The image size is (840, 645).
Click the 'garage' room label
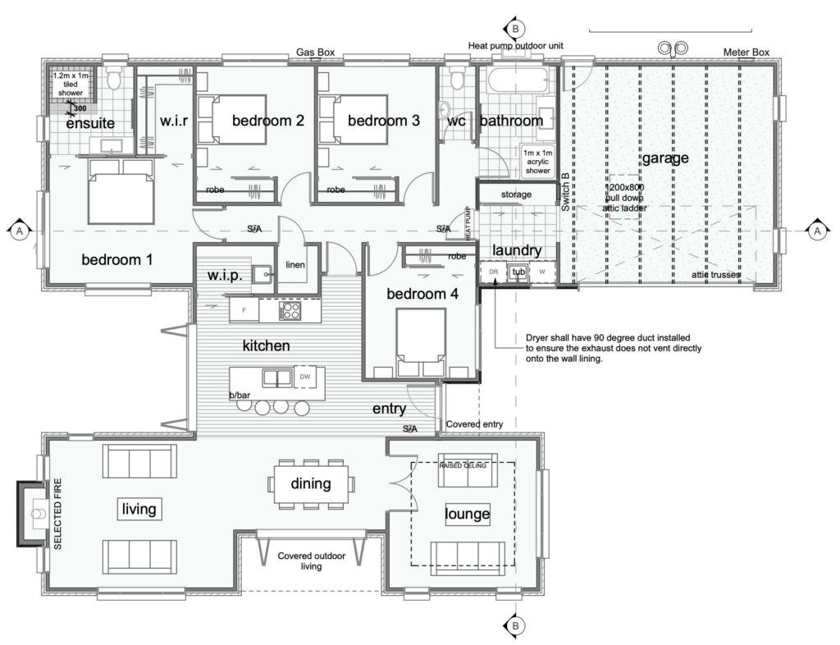pyautogui.click(x=664, y=158)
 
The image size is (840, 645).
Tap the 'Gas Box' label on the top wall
pyautogui.click(x=316, y=52)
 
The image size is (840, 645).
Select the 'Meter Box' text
pyautogui.click(x=746, y=53)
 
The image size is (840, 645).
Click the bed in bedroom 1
pyautogui.click(x=121, y=191)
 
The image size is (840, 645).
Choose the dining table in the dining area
pyautogui.click(x=311, y=484)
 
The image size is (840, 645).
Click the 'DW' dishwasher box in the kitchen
pyautogui.click(x=305, y=377)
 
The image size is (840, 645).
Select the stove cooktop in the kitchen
pyautogui.click(x=290, y=310)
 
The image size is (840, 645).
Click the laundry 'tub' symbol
pyautogui.click(x=518, y=272)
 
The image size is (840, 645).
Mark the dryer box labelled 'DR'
pyautogui.click(x=494, y=272)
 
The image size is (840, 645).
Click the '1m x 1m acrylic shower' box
pyautogui.click(x=538, y=160)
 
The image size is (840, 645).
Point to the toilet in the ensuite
pyautogui.click(x=114, y=76)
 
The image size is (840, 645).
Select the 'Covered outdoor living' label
pyautogui.click(x=311, y=561)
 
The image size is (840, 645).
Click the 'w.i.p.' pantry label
pyautogui.click(x=224, y=276)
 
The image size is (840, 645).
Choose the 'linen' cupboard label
pyautogui.click(x=294, y=265)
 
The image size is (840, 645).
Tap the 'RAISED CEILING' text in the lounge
pyautogui.click(x=463, y=465)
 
